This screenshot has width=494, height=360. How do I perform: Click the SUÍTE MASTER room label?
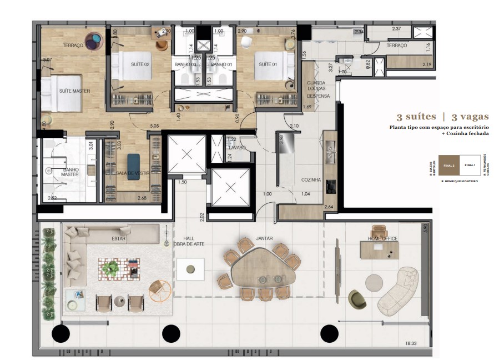pos(74,91)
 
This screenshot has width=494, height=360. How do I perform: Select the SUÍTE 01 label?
pos(268,64)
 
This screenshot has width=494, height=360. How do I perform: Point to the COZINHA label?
pos(311,180)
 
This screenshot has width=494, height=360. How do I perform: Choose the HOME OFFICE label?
pos(382,239)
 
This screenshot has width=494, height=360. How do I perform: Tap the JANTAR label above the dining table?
pos(264,239)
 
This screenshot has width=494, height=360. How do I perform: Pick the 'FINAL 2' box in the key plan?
pos(448,165)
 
